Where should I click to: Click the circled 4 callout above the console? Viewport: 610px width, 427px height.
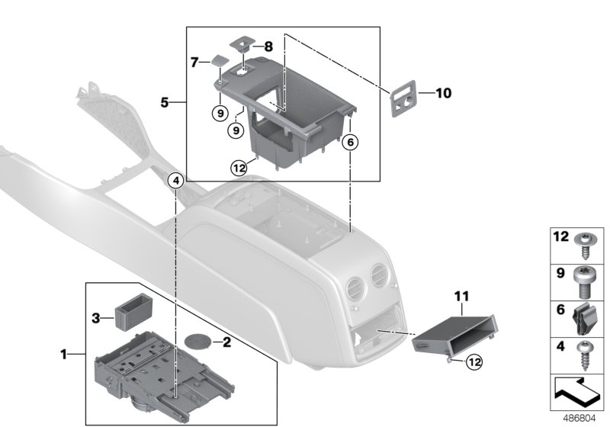[175, 181]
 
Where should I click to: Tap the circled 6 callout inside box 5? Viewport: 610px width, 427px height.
[349, 140]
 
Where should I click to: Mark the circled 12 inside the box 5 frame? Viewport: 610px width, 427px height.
[239, 167]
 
